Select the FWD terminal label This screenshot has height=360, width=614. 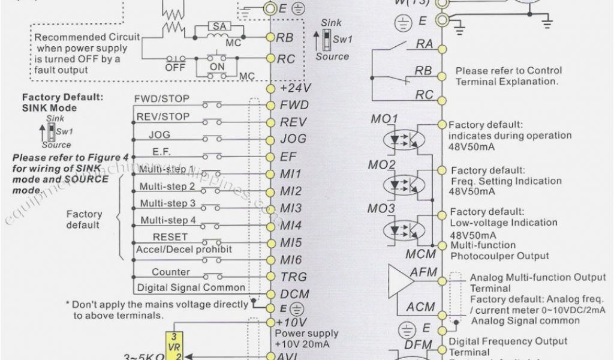coord(294,105)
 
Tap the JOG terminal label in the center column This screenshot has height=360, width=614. coord(293,139)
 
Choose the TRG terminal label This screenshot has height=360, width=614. coord(293,277)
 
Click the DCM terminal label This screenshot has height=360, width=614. coord(294,295)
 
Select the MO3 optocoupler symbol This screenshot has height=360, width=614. coord(399,229)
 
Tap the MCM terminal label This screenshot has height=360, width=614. coord(420,254)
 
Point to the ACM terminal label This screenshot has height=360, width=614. coord(420,307)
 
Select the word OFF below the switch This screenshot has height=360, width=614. coord(174,68)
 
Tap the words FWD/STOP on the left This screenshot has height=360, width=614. coord(162,98)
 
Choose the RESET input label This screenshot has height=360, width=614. coord(170,238)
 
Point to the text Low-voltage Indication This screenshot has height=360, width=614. coord(504,223)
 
